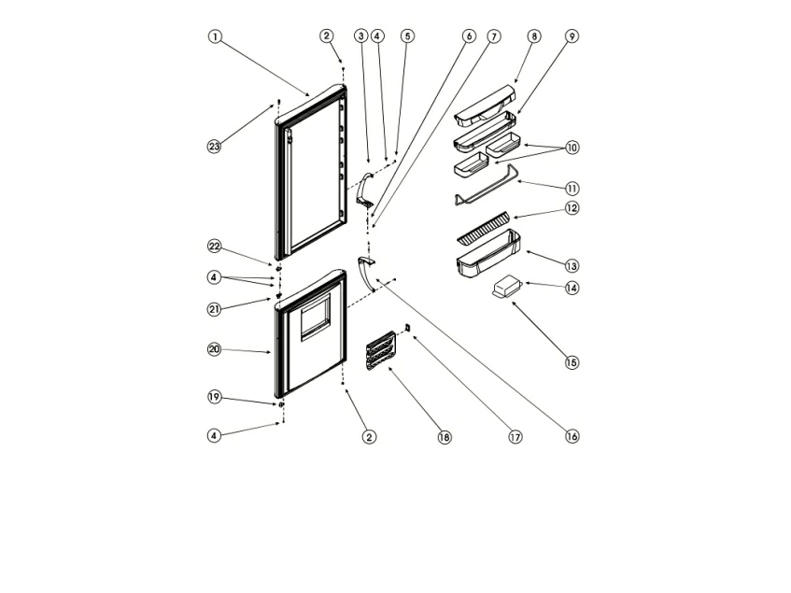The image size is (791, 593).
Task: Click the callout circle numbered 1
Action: pyautogui.click(x=215, y=37)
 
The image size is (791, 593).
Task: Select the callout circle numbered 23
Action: pyautogui.click(x=215, y=147)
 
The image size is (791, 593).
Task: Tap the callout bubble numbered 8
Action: pyautogui.click(x=533, y=36)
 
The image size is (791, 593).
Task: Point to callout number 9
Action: pyautogui.click(x=572, y=36)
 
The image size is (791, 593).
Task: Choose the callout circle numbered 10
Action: pyautogui.click(x=572, y=148)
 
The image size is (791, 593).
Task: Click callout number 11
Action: pyautogui.click(x=572, y=187)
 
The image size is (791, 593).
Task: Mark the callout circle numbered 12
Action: pyautogui.click(x=572, y=208)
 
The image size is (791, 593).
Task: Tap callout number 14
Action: pyautogui.click(x=572, y=288)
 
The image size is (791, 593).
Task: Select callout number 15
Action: pyautogui.click(x=572, y=361)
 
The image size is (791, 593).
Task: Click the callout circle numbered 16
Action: pyautogui.click(x=572, y=436)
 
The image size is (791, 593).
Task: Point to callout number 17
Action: pyautogui.click(x=515, y=436)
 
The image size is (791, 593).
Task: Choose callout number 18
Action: pyautogui.click(x=444, y=436)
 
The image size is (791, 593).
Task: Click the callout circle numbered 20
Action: pyautogui.click(x=215, y=349)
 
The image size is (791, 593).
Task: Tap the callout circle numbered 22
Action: pyautogui.click(x=215, y=246)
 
